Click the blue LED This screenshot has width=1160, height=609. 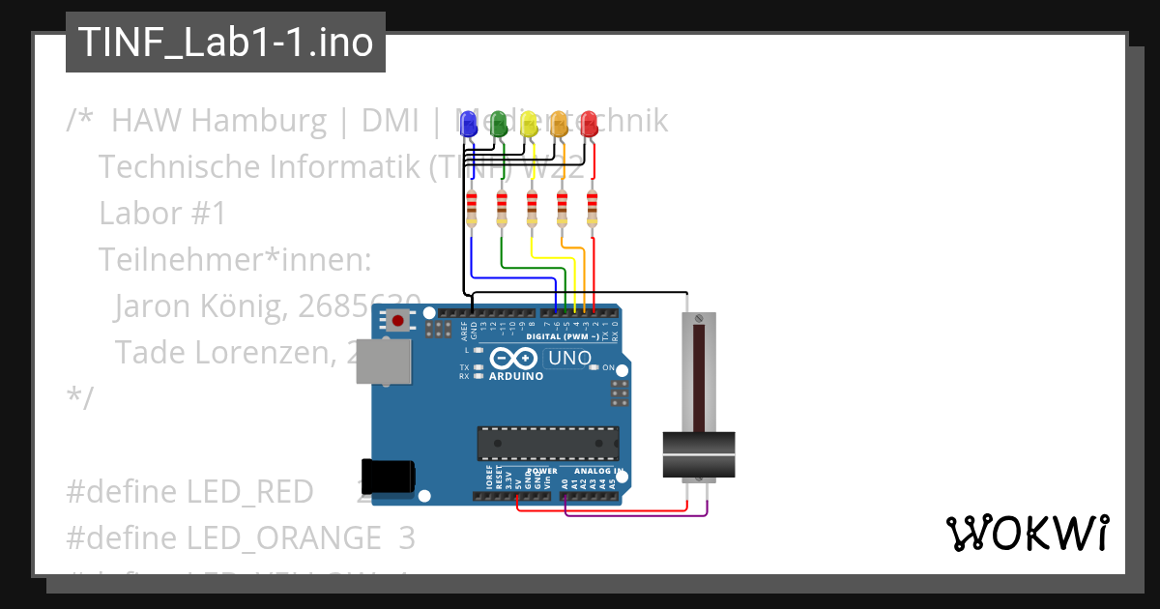pos(469,124)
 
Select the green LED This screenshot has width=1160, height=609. pos(499,124)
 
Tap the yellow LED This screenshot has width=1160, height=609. pos(529,124)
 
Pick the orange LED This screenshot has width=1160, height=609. pos(559,124)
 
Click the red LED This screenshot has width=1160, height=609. pos(589,124)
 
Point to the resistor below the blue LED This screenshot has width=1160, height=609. pos(472,209)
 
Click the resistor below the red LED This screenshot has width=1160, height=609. pos(593,209)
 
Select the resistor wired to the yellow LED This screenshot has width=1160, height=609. pos(532,209)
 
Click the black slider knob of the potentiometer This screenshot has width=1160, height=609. pos(699,454)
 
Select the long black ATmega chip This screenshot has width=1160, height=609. pos(547,443)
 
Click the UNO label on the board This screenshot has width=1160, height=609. pos(569,359)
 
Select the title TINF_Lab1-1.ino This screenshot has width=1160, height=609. pos(225,43)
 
